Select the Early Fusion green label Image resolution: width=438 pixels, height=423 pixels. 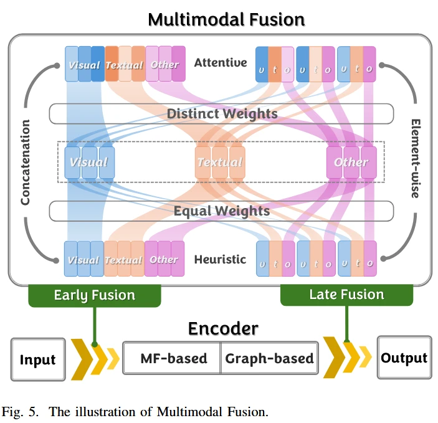95,295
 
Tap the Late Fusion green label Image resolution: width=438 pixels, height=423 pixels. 346,294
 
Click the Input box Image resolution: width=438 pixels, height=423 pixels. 38,359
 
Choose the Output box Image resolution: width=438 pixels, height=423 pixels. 404,358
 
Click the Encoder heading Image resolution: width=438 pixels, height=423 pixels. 223,328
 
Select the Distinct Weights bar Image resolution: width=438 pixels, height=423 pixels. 222,113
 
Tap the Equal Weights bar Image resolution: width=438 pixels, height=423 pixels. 222,211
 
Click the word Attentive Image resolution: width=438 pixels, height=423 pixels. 221,62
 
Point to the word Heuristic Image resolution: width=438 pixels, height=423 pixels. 220,259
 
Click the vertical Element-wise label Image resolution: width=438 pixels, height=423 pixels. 415,159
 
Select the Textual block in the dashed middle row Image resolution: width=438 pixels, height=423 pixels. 220,162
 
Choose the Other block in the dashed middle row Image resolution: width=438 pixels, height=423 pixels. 351,162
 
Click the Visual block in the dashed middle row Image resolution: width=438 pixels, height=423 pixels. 89,162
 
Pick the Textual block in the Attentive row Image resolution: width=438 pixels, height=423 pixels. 125,64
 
